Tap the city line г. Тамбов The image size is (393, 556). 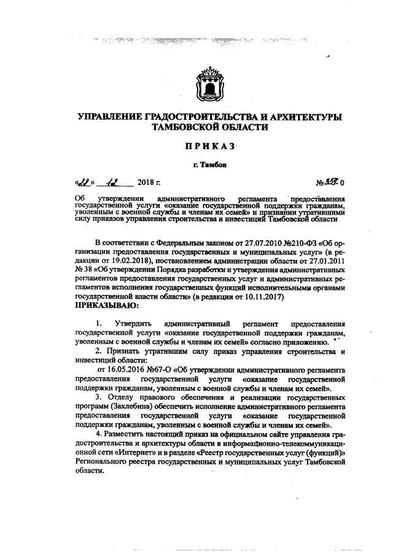(x=206, y=164)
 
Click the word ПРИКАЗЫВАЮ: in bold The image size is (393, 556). (x=106, y=305)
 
